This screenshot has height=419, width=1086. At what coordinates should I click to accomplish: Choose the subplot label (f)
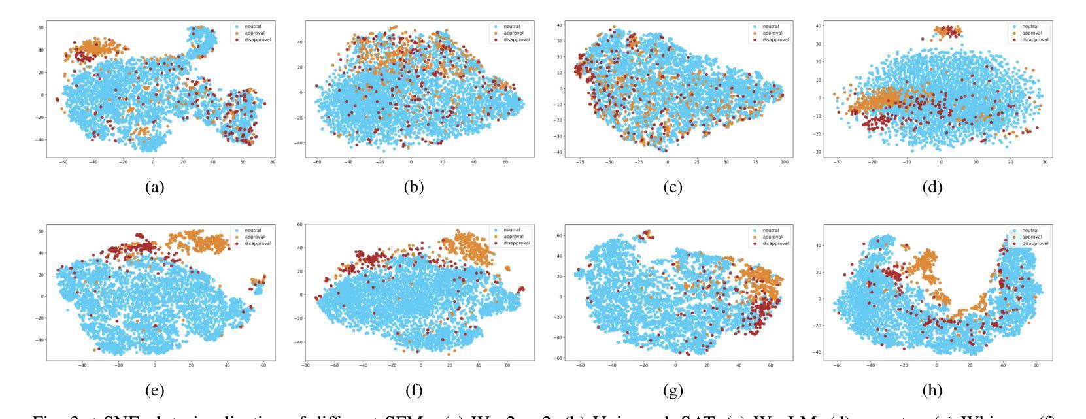pyautogui.click(x=413, y=392)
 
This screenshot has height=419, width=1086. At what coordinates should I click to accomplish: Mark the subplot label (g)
pyautogui.click(x=673, y=392)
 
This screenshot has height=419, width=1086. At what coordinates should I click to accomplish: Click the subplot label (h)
pyautogui.click(x=932, y=392)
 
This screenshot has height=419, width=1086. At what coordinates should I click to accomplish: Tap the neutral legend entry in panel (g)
pyautogui.click(x=771, y=230)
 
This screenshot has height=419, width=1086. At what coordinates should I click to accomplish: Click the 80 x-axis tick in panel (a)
pyautogui.click(x=273, y=162)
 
